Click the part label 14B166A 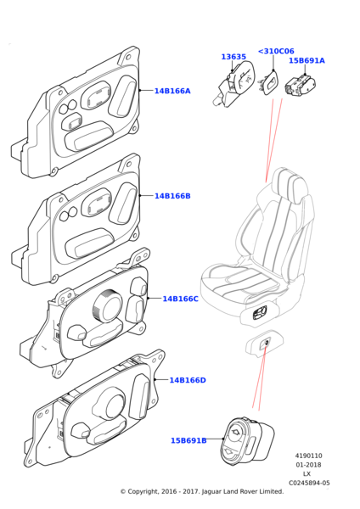pos(172,91)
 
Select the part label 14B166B pos(172,196)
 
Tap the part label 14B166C pos(180,299)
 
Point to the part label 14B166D pos(188,380)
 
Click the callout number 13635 pos(233,57)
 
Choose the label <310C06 pos(276,51)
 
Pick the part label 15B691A pos(307,60)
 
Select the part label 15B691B pos(188,440)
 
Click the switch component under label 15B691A pos(301,86)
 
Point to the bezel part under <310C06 pos(269,84)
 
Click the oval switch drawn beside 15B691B pos(248,439)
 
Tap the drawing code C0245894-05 pos(309,483)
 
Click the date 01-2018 pos(308,465)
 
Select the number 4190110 pos(309,456)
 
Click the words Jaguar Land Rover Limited pos(243,491)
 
